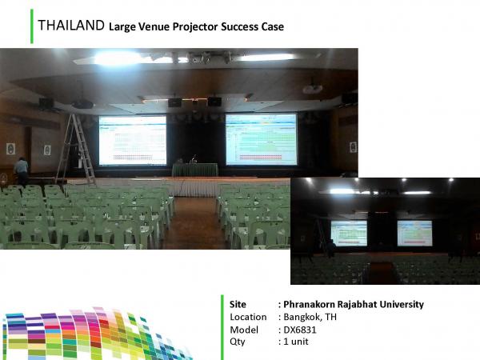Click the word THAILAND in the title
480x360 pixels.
(71, 26)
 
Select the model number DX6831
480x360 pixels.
(300, 330)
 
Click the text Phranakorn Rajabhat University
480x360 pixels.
(354, 304)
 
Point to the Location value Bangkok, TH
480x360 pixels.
(310, 317)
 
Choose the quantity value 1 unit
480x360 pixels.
(296, 342)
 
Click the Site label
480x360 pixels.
(238, 304)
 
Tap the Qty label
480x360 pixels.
(238, 342)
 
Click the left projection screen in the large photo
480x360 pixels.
(133, 140)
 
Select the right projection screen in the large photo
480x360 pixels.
(261, 139)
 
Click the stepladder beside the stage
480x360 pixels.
(76, 149)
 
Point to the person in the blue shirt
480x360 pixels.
(21, 170)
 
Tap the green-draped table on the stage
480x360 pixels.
(195, 170)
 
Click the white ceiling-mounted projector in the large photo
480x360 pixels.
(313, 89)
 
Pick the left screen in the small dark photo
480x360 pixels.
(349, 233)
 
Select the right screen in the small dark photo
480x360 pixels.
(414, 233)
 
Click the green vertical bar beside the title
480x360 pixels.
(32, 26)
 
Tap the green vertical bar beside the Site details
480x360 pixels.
(222, 327)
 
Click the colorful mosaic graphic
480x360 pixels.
(95, 334)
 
